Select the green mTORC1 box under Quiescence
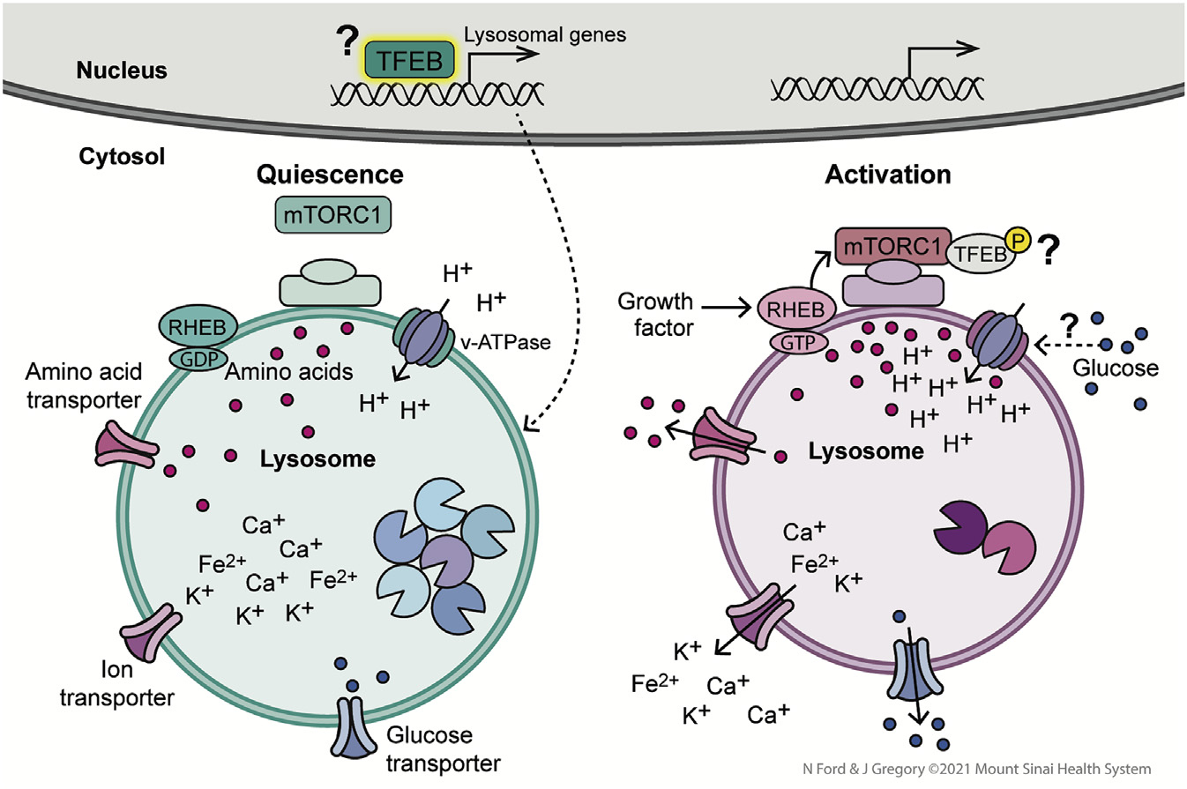pos(328,214)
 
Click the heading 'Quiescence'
pos(329,175)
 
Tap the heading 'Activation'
pos(888,175)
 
